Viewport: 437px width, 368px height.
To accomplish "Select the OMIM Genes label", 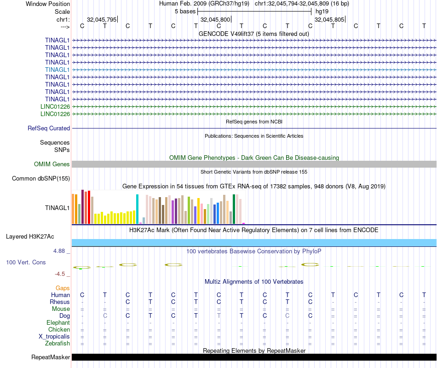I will (x=52, y=164).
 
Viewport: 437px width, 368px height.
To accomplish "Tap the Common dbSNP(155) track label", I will (x=41, y=179).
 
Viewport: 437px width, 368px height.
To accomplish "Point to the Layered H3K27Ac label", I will (x=30, y=237).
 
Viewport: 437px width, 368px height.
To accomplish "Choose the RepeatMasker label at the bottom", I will (x=51, y=357).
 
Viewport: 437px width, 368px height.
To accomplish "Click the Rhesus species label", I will (x=60, y=302).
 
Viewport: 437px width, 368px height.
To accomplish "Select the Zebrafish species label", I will (x=57, y=344).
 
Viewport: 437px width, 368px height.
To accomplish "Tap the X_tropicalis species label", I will (x=54, y=337).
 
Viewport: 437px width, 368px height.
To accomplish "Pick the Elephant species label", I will (x=58, y=323).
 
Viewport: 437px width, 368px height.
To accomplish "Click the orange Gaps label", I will (x=63, y=288).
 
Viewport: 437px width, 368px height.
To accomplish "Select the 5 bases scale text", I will (x=185, y=11).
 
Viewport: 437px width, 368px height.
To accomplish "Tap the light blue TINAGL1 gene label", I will (x=57, y=70).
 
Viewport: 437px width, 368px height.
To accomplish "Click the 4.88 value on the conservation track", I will (x=61, y=251).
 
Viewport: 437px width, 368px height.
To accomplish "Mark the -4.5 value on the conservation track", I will (x=61, y=274).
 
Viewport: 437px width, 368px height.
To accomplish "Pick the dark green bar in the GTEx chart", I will (x=234, y=209).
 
